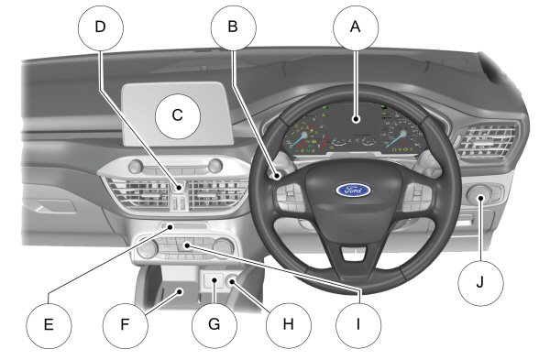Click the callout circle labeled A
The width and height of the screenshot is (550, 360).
tap(356, 27)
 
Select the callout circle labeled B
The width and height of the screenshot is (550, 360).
tap(234, 27)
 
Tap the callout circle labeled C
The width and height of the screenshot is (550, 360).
tap(178, 116)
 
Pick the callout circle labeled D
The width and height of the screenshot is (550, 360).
tap(101, 27)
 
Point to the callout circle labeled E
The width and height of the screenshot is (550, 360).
tap(49, 325)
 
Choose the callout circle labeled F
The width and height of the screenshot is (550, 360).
tap(126, 325)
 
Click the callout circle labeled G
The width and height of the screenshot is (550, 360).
tap(214, 325)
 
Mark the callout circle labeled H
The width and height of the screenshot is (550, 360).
tap(289, 325)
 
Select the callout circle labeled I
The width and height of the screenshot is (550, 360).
tap(358, 325)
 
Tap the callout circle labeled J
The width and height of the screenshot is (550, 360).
tap(481, 283)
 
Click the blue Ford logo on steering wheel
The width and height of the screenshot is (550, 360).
tap(353, 191)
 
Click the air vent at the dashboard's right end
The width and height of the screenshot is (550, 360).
tap(487, 141)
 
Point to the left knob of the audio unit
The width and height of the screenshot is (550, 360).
tap(136, 166)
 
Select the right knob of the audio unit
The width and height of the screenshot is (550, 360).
tap(215, 166)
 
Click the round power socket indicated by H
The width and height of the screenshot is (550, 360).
tap(232, 281)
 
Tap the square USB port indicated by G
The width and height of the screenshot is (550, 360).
tap(214, 280)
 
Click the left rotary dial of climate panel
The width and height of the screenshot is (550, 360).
tap(147, 249)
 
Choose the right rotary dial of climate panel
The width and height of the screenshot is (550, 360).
tap(224, 248)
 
